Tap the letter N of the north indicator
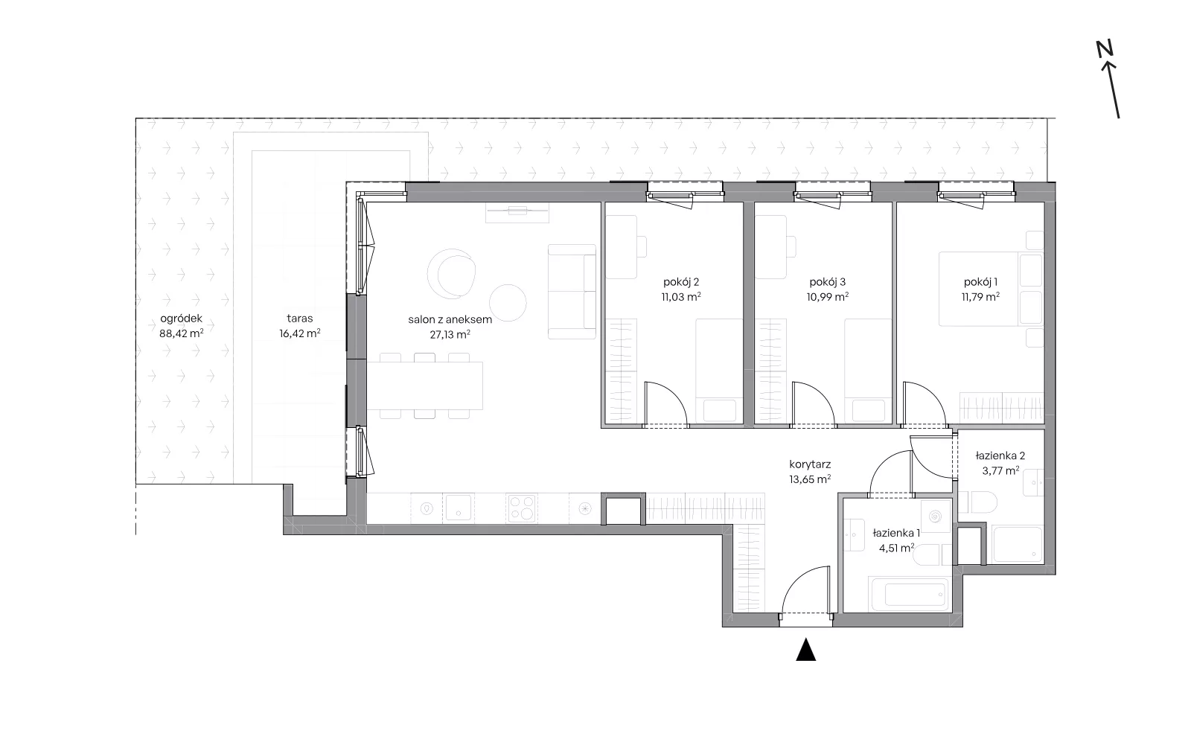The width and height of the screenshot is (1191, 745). (1105, 49)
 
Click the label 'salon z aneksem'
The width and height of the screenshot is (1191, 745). (450, 319)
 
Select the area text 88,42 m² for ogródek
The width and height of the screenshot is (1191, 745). (182, 333)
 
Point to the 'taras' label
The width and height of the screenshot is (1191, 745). (300, 319)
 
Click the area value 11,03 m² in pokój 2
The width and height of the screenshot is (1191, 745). (681, 297)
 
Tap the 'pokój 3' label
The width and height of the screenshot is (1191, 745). (827, 282)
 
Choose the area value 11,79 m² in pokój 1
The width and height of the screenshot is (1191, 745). (980, 297)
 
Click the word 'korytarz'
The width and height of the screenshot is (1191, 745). (811, 464)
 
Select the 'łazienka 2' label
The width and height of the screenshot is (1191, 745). (1000, 455)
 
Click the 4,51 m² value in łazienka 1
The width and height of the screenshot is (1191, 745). (896, 548)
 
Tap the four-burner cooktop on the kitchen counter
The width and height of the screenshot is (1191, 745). (522, 508)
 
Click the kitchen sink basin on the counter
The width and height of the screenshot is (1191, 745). (459, 508)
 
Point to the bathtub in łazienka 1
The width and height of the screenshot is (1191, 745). (909, 594)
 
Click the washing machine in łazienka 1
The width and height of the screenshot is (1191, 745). (936, 516)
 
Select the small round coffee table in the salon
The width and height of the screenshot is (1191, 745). (508, 303)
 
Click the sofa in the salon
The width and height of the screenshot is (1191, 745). (572, 292)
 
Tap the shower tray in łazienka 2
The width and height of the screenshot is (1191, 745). (1018, 545)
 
